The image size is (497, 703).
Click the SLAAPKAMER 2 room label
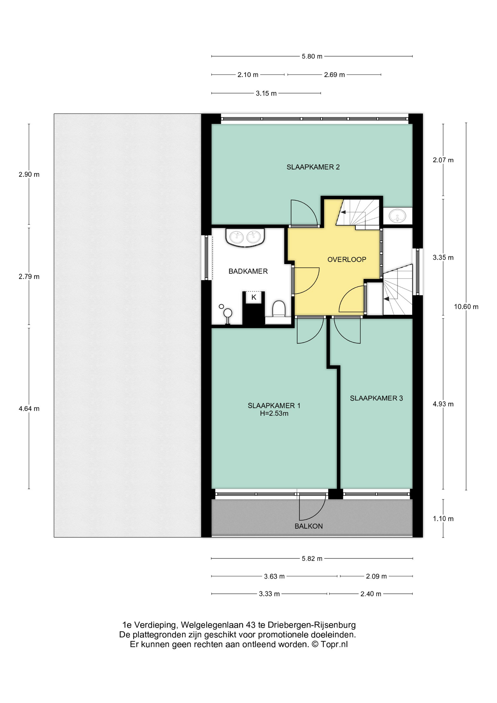point(313,167)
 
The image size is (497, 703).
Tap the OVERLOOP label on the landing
point(347,260)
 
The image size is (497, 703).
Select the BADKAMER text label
point(248,271)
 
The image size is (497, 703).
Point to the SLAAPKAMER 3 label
point(376,398)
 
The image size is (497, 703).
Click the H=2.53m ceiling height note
point(274,414)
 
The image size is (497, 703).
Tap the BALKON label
point(309,526)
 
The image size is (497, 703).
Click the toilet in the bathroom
point(279,309)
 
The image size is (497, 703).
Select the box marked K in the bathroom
point(254,297)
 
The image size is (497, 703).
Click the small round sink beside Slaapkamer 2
point(397,216)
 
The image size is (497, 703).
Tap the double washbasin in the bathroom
point(245,237)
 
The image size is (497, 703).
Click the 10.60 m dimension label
point(466,307)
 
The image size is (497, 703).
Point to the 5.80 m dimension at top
point(312,56)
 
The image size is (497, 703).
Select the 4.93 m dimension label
point(443,404)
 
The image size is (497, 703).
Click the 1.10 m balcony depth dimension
point(443,519)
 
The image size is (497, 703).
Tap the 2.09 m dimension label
point(376,576)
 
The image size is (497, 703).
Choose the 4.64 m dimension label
point(29,409)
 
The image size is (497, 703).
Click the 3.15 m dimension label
point(266,93)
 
